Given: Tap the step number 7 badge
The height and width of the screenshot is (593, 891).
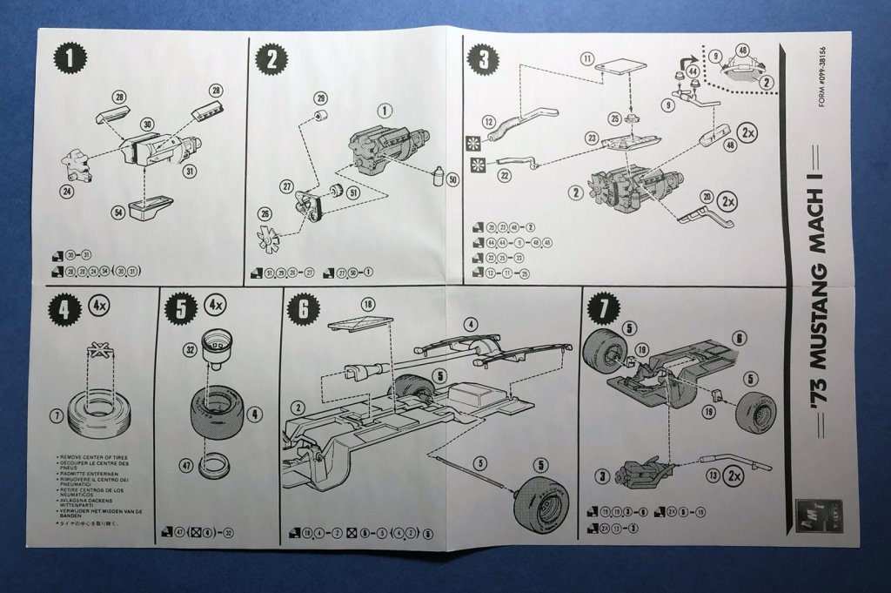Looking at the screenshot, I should click(x=603, y=307).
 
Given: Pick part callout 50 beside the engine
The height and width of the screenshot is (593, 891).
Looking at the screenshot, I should click(x=452, y=179).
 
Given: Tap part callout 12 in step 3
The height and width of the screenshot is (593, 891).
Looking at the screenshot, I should click(x=489, y=122).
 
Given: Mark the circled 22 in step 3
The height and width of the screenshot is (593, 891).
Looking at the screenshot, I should click(x=504, y=175).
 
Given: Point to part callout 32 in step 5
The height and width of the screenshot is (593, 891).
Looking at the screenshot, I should click(x=191, y=349).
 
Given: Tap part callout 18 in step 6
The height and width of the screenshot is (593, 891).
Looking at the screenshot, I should click(x=367, y=305).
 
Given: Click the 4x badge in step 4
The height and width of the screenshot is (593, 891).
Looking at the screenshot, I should click(x=97, y=306).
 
